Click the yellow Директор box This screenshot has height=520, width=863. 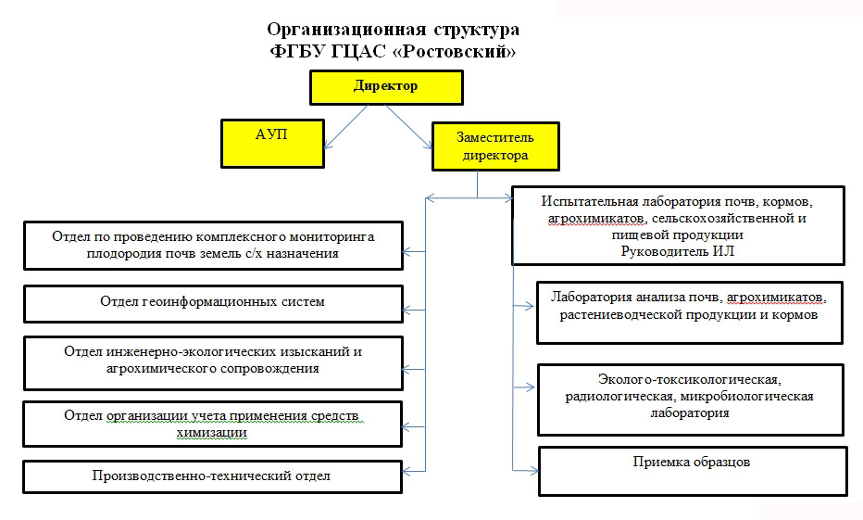tap(385, 87)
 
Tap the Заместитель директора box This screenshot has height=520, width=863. tap(495, 146)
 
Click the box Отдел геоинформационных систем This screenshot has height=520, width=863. tap(212, 302)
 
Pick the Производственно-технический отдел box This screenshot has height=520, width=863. tap(212, 476)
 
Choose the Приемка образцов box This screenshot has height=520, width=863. tap(692, 471)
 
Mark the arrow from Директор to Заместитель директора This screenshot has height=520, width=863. tap(410, 123)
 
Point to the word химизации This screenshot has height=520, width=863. tap(212, 432)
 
